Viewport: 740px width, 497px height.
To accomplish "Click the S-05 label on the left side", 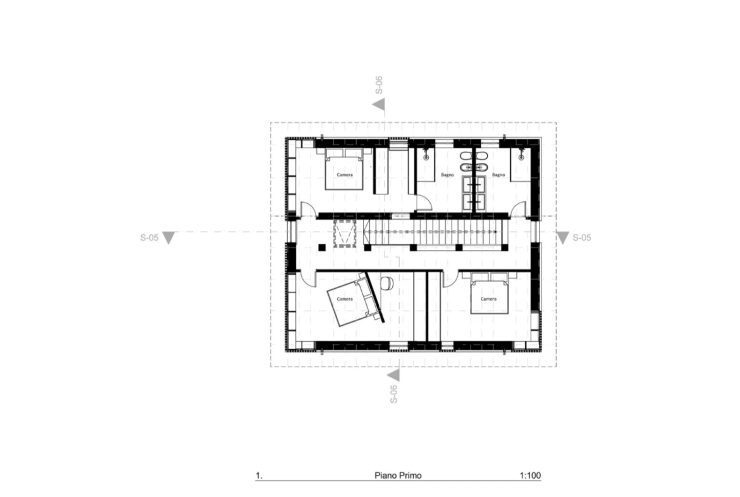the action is coord(149,237).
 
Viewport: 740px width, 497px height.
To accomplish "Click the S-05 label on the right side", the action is coord(581,237).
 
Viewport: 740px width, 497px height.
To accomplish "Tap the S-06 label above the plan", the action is coord(378,85).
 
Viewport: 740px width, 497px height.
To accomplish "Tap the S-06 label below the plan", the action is coord(393,394).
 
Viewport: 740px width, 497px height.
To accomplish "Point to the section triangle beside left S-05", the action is coord(168,237).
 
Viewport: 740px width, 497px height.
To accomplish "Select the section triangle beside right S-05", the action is coord(562,237).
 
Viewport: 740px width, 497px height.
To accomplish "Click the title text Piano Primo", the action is coord(398,475).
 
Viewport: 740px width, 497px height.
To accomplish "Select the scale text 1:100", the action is coord(530,475).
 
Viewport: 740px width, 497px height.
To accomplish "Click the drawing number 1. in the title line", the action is coord(259,475).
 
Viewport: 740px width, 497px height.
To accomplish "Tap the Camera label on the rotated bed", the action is coord(345,299).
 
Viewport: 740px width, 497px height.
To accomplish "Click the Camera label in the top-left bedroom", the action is coord(345,175).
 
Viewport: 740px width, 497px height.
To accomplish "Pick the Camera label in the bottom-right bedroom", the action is coord(488,299).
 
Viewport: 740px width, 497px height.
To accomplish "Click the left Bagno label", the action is coord(447,175).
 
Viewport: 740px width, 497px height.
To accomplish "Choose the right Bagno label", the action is coord(498,175).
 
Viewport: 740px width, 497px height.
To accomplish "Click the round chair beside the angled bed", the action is coord(387,282).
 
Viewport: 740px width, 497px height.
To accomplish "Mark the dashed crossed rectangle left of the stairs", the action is coord(344,233).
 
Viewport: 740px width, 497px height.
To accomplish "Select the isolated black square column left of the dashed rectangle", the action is coord(322,247).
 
